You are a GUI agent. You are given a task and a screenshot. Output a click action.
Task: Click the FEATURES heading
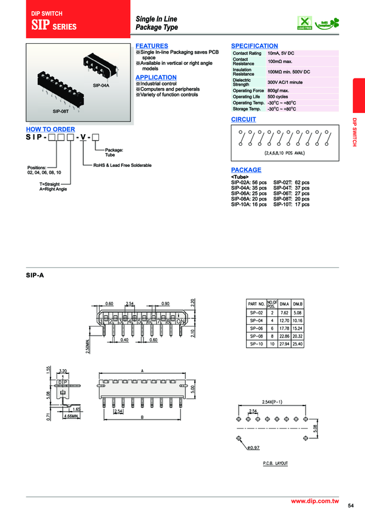(151, 46)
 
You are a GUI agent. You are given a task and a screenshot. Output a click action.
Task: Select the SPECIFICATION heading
(254, 46)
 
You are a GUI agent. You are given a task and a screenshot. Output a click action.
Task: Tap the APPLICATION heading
(156, 78)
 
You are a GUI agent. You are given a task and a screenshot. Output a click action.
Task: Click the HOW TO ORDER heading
(50, 129)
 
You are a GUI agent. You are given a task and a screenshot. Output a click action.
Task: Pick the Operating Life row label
(246, 97)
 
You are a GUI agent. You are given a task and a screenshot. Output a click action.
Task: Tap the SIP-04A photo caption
(101, 86)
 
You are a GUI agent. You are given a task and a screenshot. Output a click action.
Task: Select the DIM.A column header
(284, 303)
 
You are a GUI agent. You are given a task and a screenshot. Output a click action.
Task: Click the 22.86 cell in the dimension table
(284, 335)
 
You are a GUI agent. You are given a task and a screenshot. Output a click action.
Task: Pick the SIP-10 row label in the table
(256, 344)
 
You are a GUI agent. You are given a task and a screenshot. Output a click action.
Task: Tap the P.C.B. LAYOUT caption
(276, 463)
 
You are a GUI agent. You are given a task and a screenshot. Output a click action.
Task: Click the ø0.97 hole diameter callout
(253, 447)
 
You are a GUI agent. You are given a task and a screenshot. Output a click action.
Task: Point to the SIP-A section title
(35, 275)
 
